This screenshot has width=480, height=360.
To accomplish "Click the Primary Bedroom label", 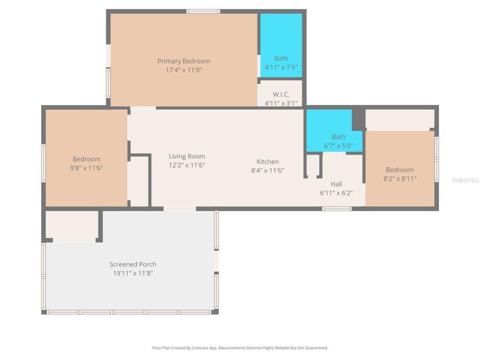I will [183, 61].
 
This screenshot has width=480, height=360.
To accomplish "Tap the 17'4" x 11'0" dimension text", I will [183, 70].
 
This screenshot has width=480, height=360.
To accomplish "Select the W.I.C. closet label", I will [281, 94].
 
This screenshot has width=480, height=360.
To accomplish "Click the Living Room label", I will [187, 156].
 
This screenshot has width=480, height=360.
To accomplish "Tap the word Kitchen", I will [267, 162].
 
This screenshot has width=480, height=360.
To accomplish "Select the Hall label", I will [336, 184].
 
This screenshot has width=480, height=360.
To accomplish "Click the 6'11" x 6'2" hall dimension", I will [336, 193].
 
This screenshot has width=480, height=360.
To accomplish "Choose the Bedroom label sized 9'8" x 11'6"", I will [86, 159].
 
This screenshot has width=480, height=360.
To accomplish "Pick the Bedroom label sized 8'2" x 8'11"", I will [399, 170].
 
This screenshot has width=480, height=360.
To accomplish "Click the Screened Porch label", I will [133, 265].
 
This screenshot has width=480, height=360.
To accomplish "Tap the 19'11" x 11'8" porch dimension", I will [133, 273].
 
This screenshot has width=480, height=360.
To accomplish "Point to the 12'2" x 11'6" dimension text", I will [187, 165].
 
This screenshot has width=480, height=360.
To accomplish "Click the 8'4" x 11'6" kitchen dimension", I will [267, 170].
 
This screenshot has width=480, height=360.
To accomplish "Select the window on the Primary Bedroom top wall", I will [203, 11].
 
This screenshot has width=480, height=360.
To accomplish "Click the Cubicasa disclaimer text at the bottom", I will [240, 348].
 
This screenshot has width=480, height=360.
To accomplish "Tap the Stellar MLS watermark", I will [465, 180].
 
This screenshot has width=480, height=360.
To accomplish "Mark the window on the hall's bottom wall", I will [337, 209].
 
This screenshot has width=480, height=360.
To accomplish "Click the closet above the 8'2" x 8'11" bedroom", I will [399, 119].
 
